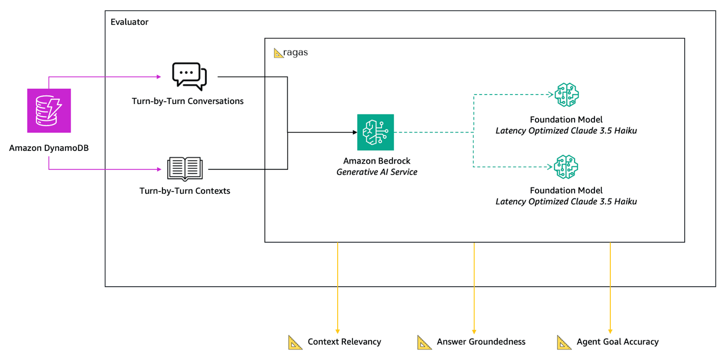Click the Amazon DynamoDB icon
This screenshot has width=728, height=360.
point(49,111)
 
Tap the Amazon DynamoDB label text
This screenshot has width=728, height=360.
point(49,148)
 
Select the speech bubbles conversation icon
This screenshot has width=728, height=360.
point(189,77)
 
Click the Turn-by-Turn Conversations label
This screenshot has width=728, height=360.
point(187,101)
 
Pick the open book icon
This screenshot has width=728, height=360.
point(185,169)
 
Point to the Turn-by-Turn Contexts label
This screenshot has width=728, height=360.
point(185,191)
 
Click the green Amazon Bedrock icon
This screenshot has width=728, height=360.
point(375,132)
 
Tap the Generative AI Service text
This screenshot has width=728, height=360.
point(377,172)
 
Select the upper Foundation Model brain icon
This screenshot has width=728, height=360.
point(566,95)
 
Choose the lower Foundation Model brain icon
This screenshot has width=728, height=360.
point(566,166)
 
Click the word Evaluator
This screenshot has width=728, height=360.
point(129,22)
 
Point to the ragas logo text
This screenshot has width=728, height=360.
point(295,53)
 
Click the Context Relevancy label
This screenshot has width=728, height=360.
point(344,342)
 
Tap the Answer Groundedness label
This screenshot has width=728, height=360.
point(481,342)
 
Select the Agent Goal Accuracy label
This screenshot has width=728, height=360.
point(617,342)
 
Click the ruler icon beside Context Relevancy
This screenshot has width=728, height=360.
point(295,342)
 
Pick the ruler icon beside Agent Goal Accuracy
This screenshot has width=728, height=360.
point(564,342)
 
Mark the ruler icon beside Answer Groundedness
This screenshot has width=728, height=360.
point(424,342)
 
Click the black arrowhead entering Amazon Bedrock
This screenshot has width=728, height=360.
point(354,132)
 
